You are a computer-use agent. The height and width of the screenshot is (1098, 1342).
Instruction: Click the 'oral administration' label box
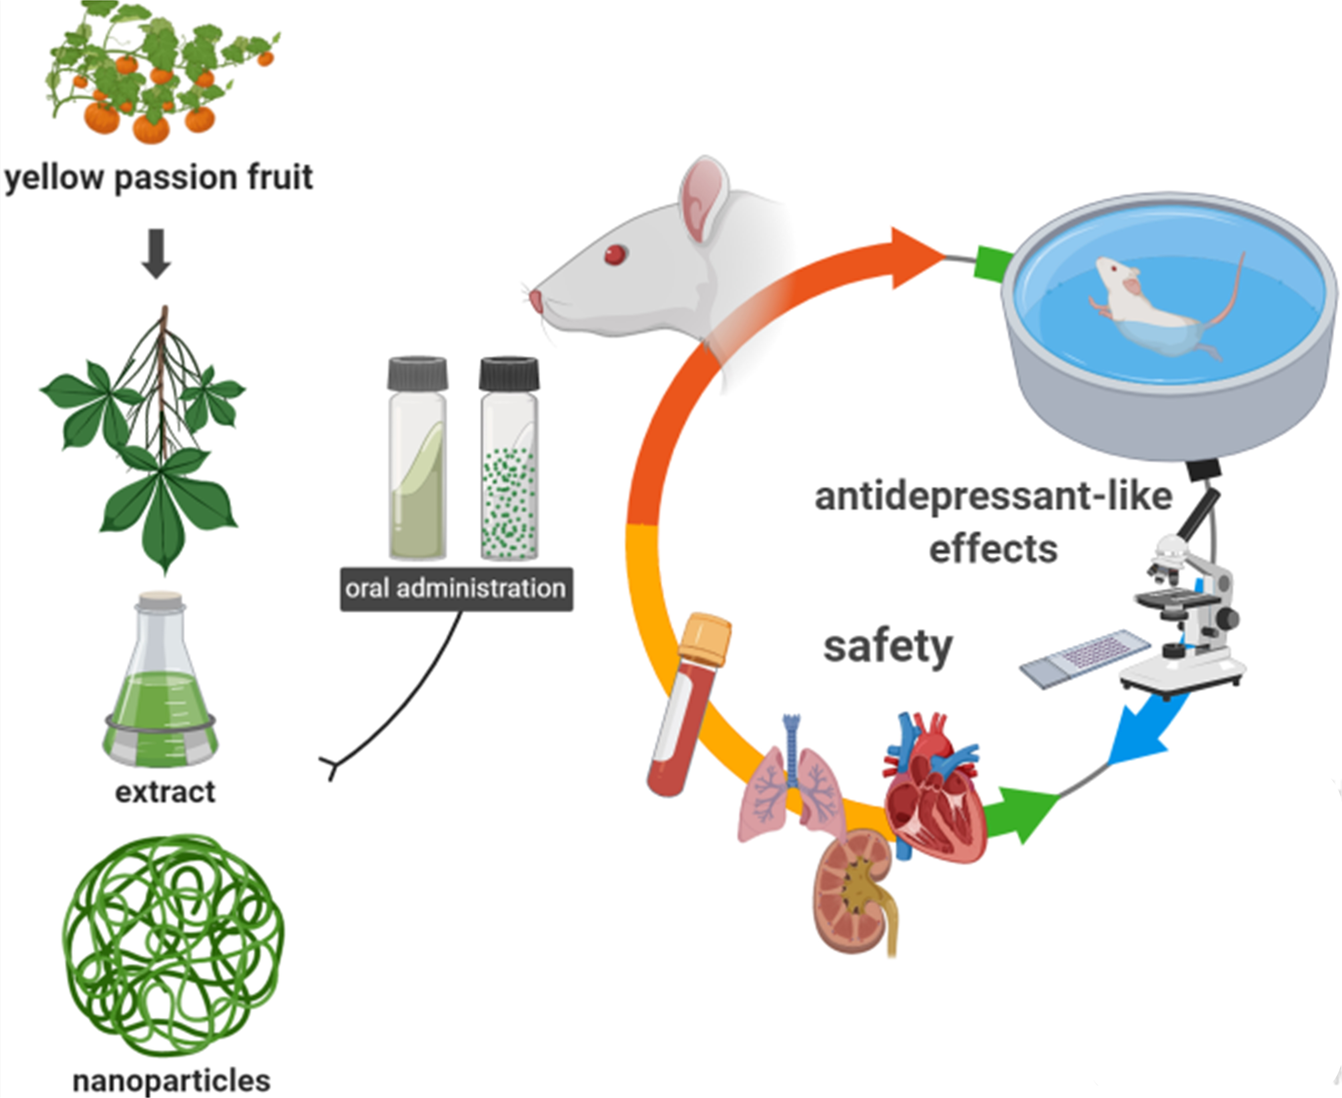(x=456, y=589)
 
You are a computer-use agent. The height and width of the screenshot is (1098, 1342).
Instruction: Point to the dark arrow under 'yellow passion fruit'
(x=156, y=253)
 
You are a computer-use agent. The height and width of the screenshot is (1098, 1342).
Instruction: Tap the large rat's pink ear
(x=702, y=199)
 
